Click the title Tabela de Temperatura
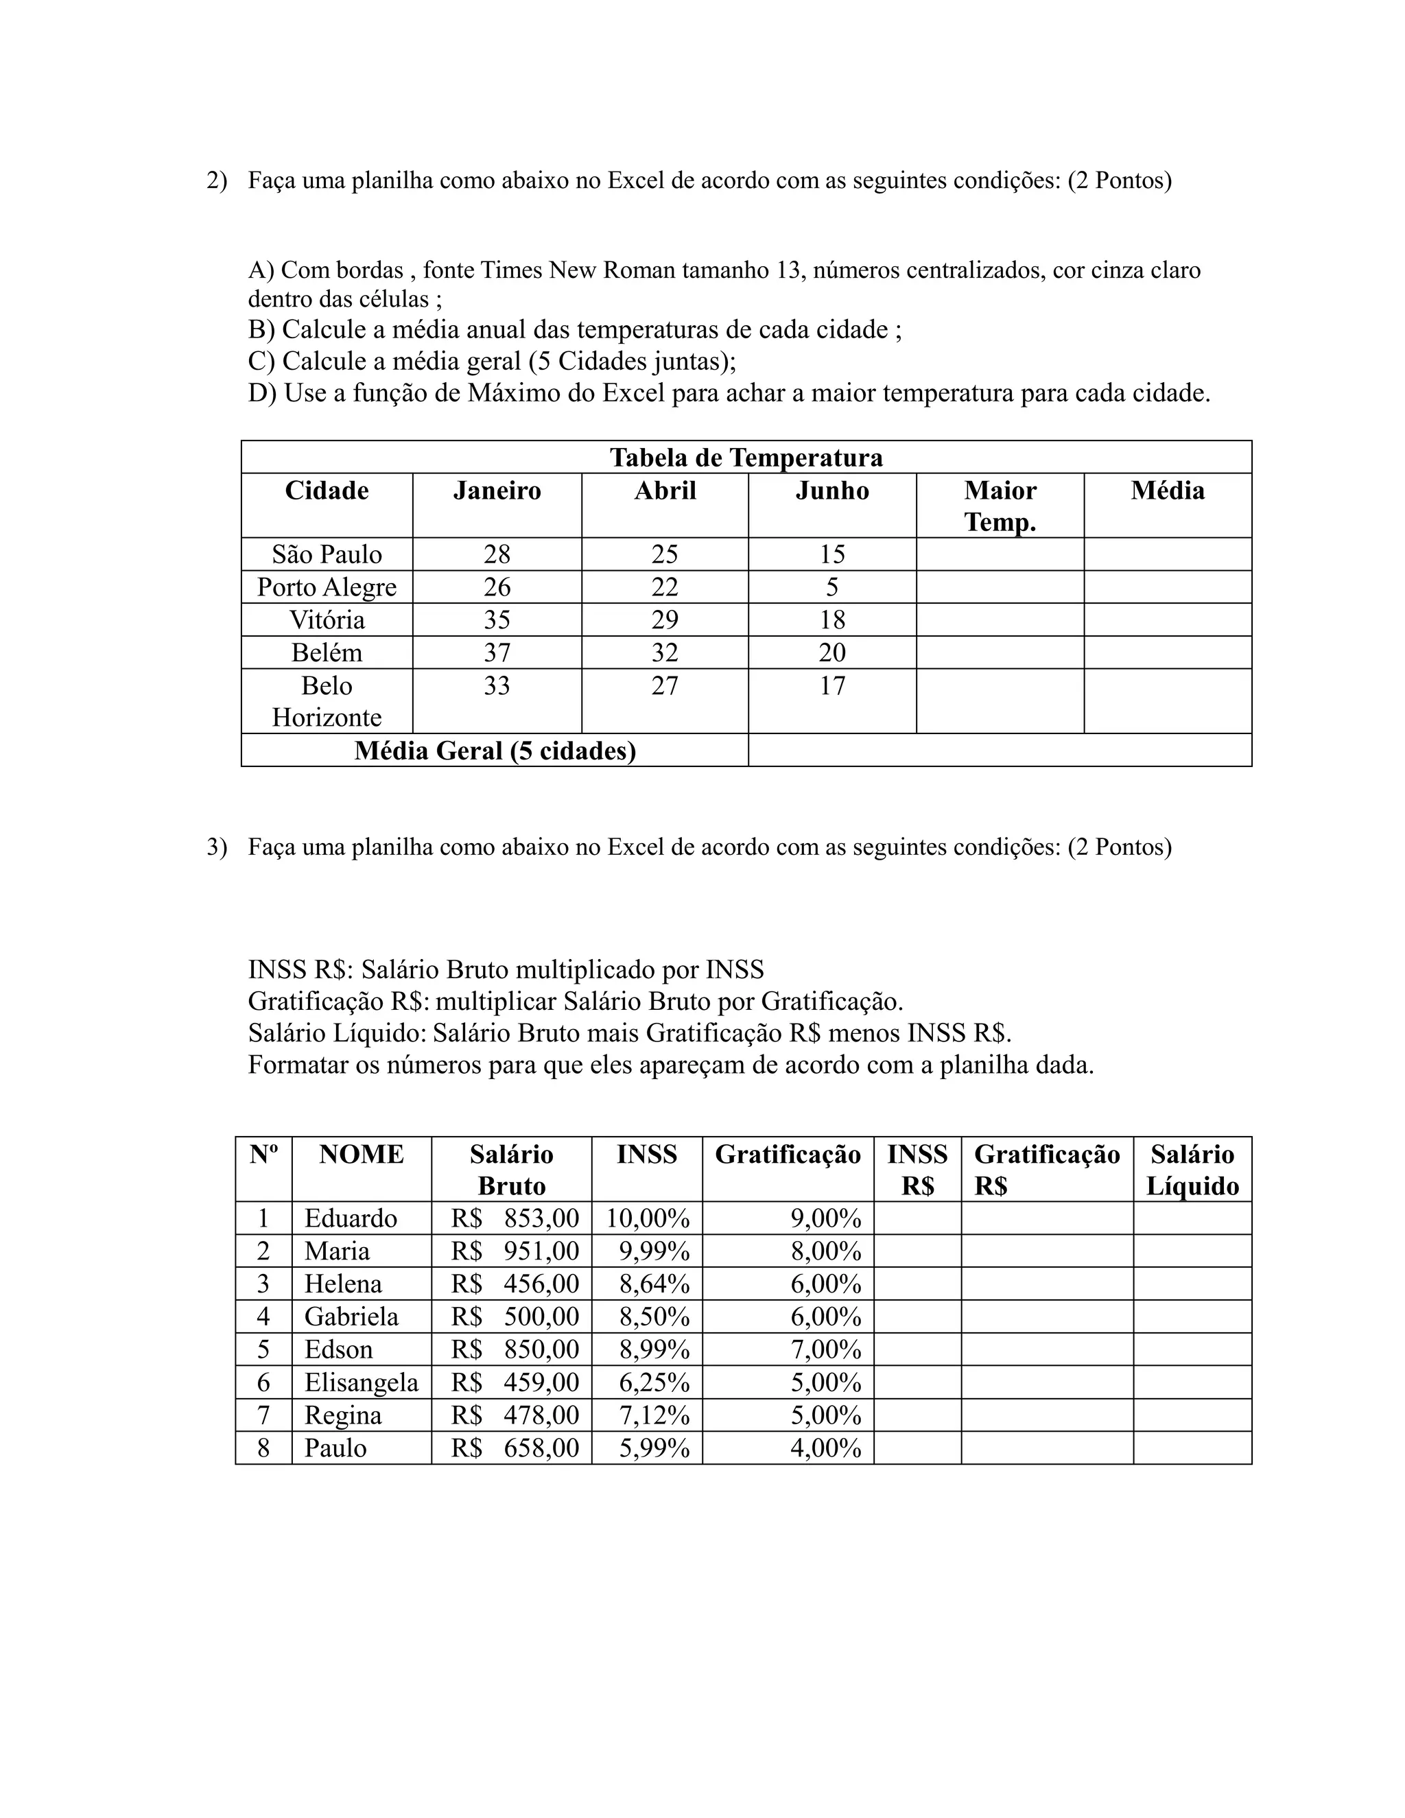(x=746, y=458)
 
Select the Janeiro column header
(x=497, y=491)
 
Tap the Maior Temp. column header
(x=1000, y=506)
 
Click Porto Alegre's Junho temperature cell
(x=831, y=587)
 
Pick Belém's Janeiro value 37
(x=497, y=652)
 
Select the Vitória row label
(x=327, y=620)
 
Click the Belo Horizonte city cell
(x=327, y=701)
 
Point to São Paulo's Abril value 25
(x=664, y=554)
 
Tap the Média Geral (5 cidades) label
(x=495, y=751)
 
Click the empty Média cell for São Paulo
(x=1167, y=554)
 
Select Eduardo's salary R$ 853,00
(x=515, y=1218)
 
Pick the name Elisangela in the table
(x=362, y=1382)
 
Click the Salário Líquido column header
(x=1192, y=1170)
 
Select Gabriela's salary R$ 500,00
(x=515, y=1317)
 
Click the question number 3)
(x=216, y=847)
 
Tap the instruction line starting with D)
(x=729, y=393)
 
